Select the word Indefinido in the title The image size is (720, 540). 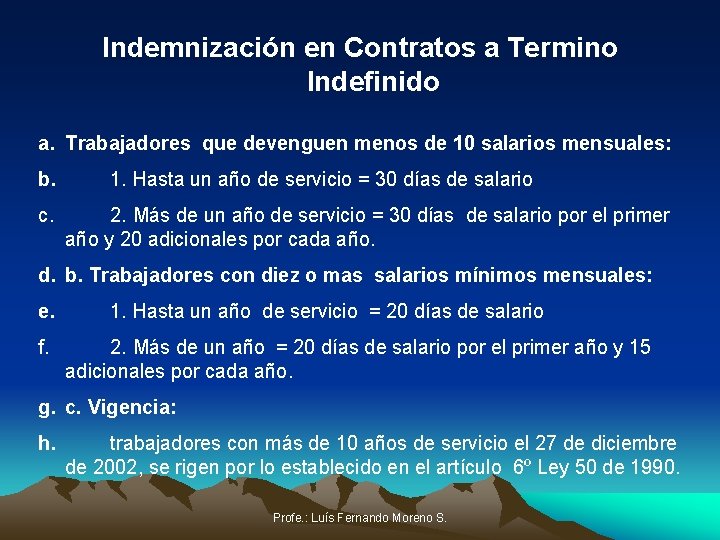tap(373, 82)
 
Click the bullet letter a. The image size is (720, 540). tap(46, 144)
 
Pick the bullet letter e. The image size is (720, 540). tap(46, 311)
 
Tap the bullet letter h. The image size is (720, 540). tap(46, 442)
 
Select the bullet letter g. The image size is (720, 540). tap(46, 407)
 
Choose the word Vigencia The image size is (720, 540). tap(134, 407)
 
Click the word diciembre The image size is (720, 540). tap(633, 442)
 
